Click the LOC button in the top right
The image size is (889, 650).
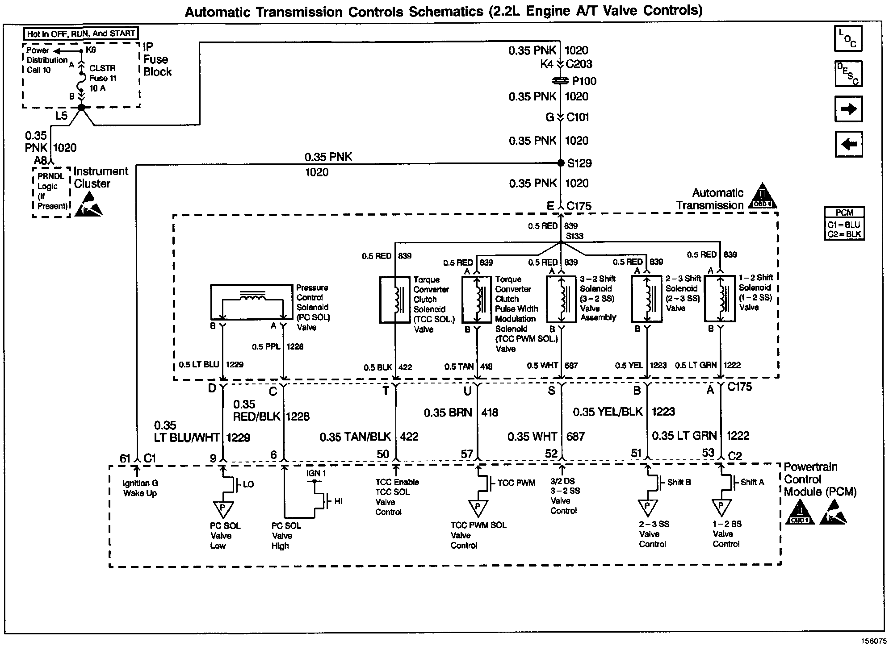[848, 38]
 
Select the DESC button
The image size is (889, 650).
[848, 74]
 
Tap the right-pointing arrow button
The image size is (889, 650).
[848, 109]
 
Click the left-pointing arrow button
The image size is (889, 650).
[848, 144]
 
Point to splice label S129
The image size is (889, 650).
[579, 163]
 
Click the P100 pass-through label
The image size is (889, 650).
[584, 81]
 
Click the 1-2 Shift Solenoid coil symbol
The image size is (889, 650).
[719, 298]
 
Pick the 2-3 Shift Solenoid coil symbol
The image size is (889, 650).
[646, 299]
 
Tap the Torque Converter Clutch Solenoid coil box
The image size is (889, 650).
[395, 299]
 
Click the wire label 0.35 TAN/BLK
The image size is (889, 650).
[355, 437]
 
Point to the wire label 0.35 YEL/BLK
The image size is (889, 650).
[608, 412]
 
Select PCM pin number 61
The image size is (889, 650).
[125, 458]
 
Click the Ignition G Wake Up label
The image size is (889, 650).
[140, 488]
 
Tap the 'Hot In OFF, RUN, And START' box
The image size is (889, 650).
[81, 33]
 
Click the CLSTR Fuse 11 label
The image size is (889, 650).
[103, 78]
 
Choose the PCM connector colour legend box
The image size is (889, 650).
[844, 224]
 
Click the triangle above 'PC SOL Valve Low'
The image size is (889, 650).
[222, 508]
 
